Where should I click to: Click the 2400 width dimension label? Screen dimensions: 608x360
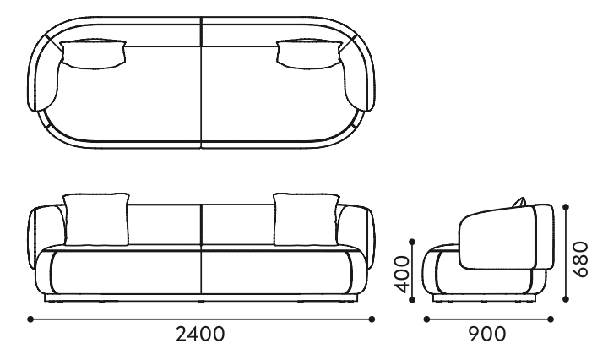tap(200, 334)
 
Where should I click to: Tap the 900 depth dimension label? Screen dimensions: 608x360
tap(487, 334)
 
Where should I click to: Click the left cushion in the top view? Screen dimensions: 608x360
tap(94, 54)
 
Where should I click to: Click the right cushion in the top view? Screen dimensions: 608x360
tap(309, 54)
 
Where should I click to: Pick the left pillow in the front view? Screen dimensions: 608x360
tap(96, 220)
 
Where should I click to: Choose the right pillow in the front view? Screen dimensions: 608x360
tap(307, 220)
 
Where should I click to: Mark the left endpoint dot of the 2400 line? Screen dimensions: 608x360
tap(30, 319)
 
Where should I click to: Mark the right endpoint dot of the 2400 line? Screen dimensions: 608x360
tap(372, 319)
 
